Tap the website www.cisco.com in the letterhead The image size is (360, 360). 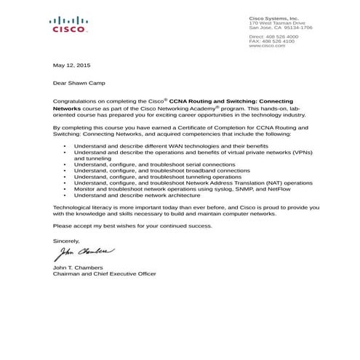click(x=266, y=46)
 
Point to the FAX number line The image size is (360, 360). click(x=271, y=41)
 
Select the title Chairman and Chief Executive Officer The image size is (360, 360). click(x=105, y=273)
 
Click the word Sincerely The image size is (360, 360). click(x=68, y=239)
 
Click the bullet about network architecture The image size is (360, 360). click(x=137, y=195)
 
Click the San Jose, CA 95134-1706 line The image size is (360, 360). click(x=281, y=28)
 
